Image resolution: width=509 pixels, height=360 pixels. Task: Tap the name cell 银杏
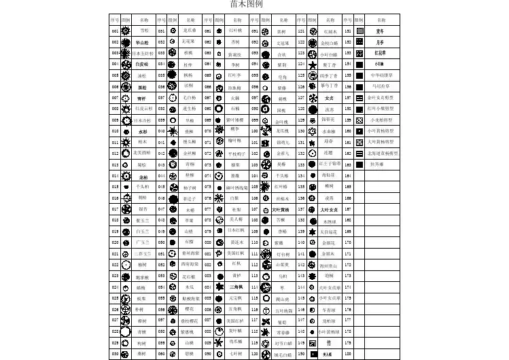[x=143, y=209]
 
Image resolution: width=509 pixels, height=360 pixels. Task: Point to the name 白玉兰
[x=143, y=232]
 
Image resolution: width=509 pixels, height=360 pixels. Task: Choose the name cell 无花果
[x=191, y=42]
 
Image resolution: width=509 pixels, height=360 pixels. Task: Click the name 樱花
[x=191, y=309]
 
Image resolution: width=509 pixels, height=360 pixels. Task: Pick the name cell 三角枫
[x=236, y=287]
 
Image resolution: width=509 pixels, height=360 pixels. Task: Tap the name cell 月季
[x=380, y=42]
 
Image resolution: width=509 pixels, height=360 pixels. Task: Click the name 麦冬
[x=380, y=31]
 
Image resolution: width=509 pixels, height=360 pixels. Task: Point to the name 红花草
[x=380, y=53]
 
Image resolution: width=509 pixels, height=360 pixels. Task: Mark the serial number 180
[x=348, y=354]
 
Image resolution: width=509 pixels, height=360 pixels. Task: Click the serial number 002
[x=116, y=42]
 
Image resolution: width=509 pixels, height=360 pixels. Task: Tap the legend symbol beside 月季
[x=359, y=42]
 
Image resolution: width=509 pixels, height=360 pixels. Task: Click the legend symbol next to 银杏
[x=126, y=209]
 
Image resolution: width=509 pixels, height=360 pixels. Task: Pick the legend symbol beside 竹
[x=312, y=343]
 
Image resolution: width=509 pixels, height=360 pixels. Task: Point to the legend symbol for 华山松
[x=126, y=42]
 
